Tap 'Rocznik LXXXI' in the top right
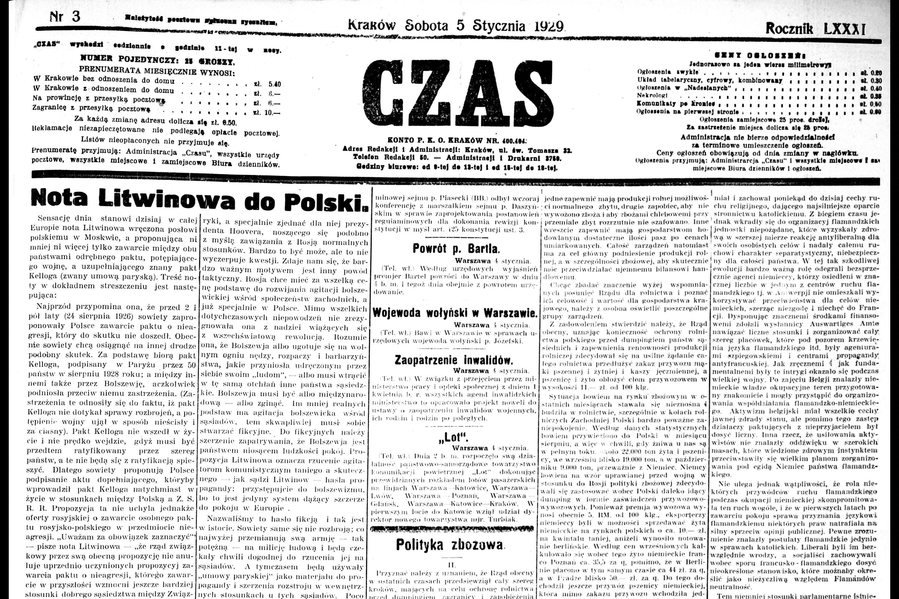pos(815,29)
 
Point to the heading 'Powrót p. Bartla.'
pos(456,249)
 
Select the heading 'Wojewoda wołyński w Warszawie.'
pos(455,313)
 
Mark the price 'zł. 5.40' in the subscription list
pos(267,84)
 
